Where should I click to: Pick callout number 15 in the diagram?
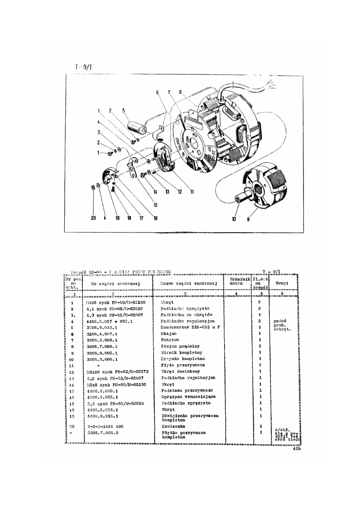point(156,205)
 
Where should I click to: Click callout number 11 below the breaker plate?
point(192,192)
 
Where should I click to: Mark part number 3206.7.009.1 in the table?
point(102,346)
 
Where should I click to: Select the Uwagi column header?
point(284,283)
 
